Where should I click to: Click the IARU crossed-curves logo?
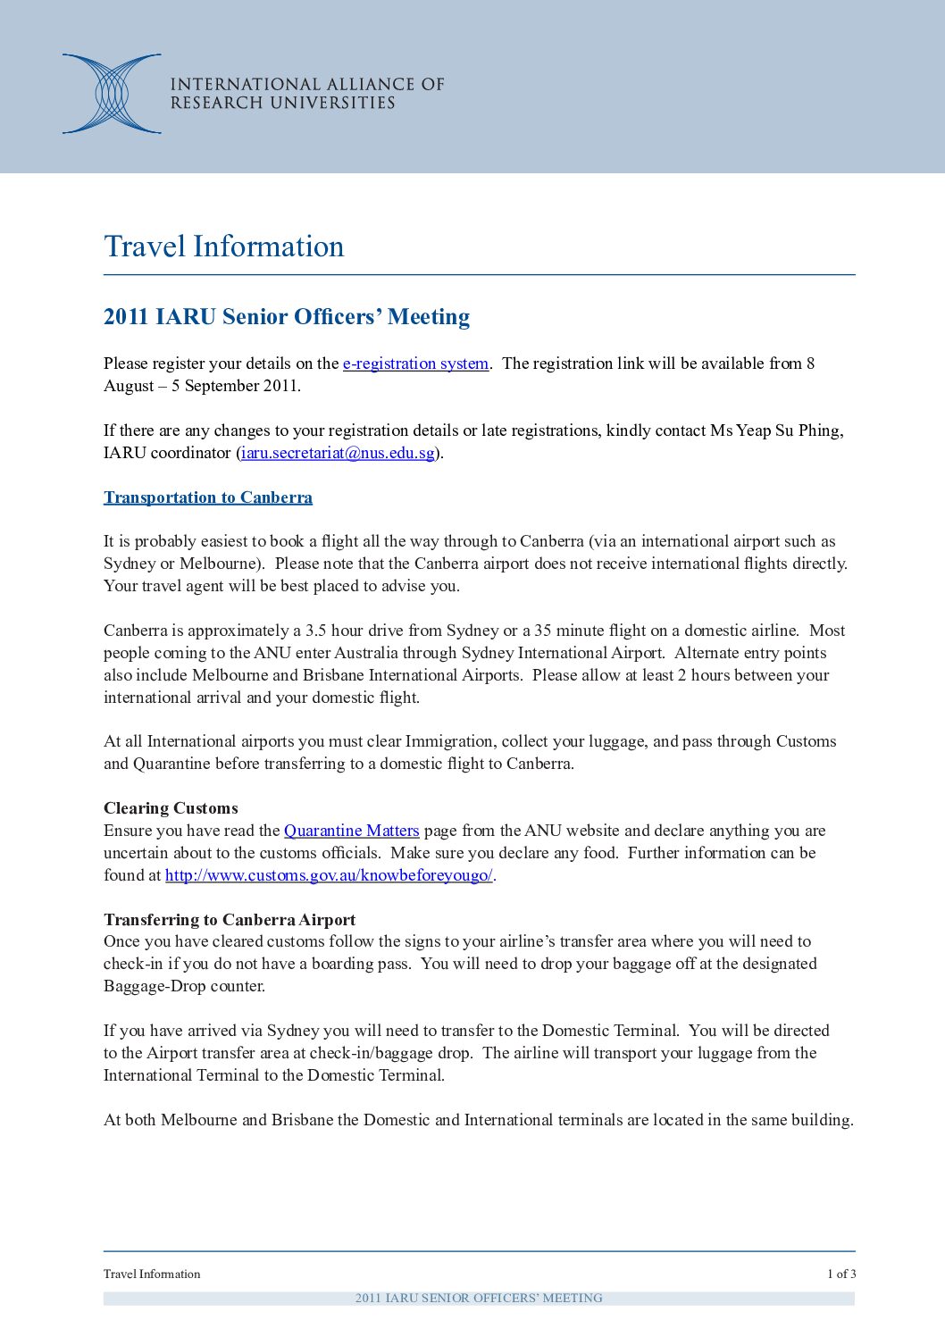point(112,94)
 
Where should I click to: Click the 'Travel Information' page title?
point(223,247)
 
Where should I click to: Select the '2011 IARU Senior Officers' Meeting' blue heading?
point(287,317)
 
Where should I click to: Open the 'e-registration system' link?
point(415,363)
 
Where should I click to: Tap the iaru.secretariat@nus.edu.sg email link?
point(338,453)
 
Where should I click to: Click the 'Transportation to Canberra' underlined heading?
point(208,497)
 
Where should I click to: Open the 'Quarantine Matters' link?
point(351,831)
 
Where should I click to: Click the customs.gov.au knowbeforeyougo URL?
point(329,875)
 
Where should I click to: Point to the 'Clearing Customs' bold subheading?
point(171,808)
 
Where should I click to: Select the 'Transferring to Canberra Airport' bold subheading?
point(230,920)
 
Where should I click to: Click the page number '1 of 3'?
point(840,1274)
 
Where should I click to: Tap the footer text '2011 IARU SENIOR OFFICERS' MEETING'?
point(479,1299)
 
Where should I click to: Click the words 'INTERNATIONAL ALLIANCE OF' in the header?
point(307,84)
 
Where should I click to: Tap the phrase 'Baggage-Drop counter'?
point(184,986)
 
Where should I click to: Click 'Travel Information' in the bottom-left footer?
point(152,1274)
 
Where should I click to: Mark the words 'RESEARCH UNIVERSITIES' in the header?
point(282,103)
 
